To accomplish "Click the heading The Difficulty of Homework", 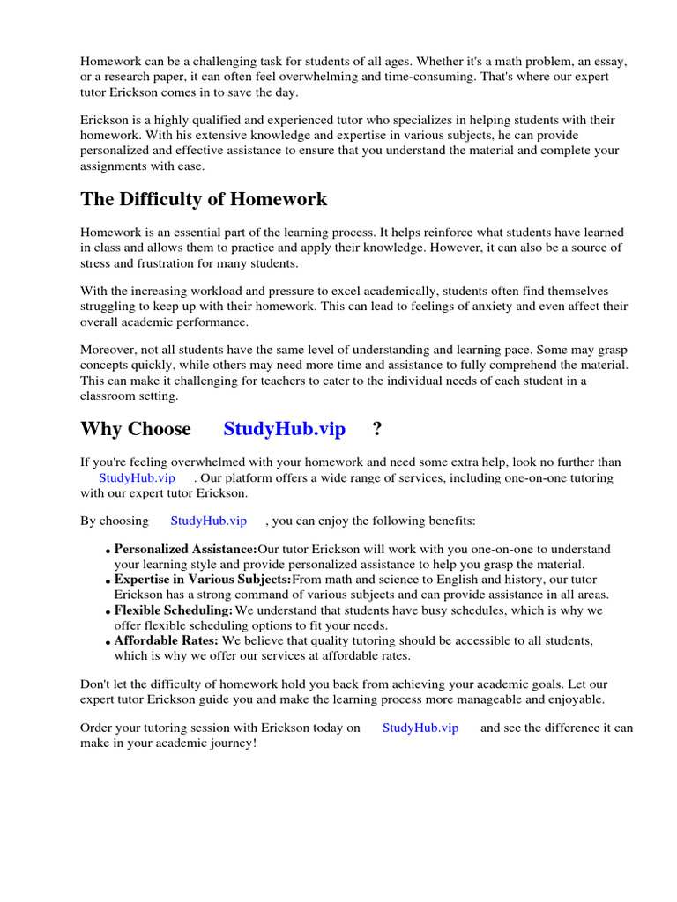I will tap(204, 199).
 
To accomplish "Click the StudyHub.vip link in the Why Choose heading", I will tap(284, 429).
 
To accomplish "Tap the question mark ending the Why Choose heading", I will tap(377, 429).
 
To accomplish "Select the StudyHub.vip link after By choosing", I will tap(208, 521).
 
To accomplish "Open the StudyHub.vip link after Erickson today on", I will tap(420, 728).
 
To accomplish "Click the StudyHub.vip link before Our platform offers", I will tap(138, 477).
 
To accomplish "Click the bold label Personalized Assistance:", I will tap(185, 549).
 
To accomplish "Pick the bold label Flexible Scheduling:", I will tap(174, 610).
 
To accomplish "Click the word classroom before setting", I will tap(109, 396).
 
